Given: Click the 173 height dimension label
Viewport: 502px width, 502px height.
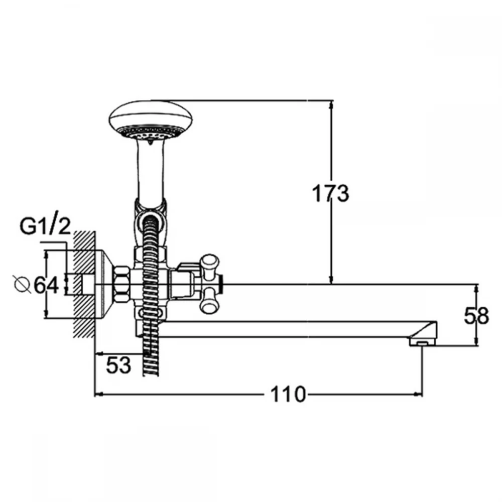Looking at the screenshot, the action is click(x=330, y=193).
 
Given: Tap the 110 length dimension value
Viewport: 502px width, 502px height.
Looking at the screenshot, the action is click(x=288, y=394).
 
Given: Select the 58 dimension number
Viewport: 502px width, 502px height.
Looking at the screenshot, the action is click(x=476, y=316).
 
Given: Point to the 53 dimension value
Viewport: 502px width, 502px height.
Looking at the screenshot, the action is click(x=118, y=365).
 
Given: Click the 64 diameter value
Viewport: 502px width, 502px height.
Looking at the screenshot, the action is click(x=46, y=285).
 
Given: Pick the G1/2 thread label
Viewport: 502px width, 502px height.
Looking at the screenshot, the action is click(x=45, y=227).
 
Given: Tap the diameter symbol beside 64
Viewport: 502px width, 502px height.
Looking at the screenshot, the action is click(x=23, y=284).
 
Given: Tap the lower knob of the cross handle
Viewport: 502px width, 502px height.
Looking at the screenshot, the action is click(x=210, y=301).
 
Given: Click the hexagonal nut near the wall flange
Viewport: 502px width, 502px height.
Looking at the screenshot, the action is click(x=122, y=284).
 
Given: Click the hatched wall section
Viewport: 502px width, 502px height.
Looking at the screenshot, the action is click(x=84, y=284).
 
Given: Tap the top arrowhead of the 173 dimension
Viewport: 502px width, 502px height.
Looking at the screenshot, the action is click(x=332, y=104).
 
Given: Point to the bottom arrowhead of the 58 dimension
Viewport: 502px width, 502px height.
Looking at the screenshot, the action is click(x=477, y=341).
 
